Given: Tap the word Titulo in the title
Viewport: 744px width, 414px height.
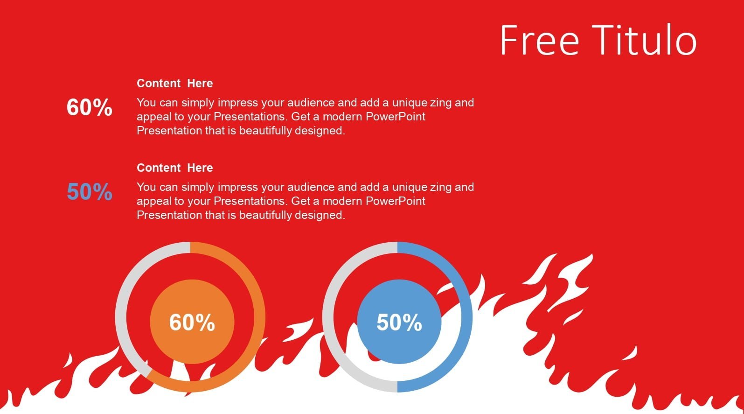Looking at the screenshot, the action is click(x=644, y=40).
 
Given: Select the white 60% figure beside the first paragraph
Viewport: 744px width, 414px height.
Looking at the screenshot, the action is click(x=90, y=107).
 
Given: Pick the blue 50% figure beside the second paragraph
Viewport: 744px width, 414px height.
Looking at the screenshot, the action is click(x=90, y=192).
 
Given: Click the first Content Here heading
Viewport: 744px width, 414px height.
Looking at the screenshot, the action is click(x=175, y=83).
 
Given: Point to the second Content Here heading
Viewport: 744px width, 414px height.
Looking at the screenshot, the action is click(x=175, y=168).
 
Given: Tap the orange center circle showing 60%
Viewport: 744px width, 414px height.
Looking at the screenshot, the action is click(x=192, y=322).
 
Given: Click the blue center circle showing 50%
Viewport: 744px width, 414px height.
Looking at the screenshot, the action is click(x=399, y=322).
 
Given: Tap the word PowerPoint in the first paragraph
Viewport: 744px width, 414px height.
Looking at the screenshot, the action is click(x=395, y=117).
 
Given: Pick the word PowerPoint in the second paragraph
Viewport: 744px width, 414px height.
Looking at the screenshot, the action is click(x=395, y=201).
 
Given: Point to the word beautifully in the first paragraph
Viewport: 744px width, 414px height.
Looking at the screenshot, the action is click(x=265, y=131).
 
